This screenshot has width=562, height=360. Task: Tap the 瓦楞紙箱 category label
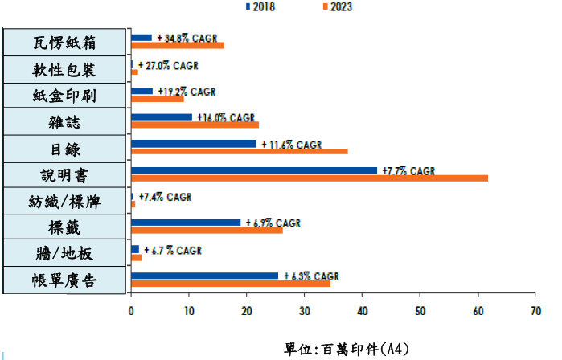(x=65, y=43)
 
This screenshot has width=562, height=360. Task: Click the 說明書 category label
(x=65, y=175)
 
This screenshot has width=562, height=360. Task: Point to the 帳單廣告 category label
(x=65, y=281)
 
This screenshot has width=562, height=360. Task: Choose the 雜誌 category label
(x=65, y=122)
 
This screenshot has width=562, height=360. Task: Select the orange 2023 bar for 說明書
(x=309, y=178)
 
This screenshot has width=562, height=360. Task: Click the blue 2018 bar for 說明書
(x=253, y=170)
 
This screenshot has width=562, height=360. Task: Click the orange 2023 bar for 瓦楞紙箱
(x=177, y=45)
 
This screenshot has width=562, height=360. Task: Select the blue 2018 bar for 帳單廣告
(x=204, y=276)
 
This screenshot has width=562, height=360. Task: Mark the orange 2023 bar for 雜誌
(x=195, y=125)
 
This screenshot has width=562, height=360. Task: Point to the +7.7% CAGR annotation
(x=408, y=170)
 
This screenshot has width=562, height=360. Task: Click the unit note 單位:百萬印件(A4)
(x=347, y=349)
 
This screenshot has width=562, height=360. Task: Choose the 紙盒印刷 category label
(x=65, y=96)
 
